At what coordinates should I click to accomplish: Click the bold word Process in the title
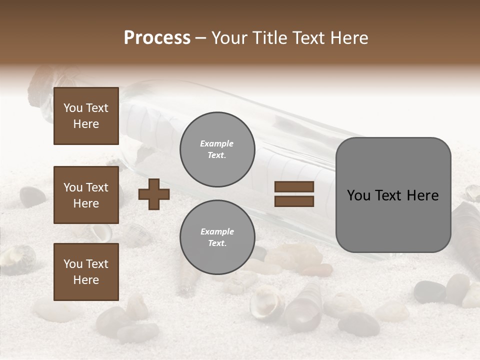coord(157,38)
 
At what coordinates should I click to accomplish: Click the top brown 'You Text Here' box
coord(86,116)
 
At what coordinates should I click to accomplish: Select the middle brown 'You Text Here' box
coord(86,195)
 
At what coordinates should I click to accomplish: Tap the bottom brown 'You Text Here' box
coord(86,271)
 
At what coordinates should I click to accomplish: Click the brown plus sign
coord(154,194)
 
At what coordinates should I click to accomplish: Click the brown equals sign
coord(294,194)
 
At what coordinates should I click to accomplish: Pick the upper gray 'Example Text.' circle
coord(217,149)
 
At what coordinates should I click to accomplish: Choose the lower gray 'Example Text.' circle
coord(217,237)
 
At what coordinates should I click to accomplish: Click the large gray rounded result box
coord(393,195)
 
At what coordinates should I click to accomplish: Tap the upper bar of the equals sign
coord(294,186)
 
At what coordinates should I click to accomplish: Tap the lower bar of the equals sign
coord(294,201)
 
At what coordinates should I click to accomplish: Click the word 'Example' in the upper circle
coord(217,143)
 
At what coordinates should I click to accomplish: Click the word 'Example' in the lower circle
coord(217,231)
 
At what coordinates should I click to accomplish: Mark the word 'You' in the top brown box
coord(73,108)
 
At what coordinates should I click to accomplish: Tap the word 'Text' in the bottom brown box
coord(97,263)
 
